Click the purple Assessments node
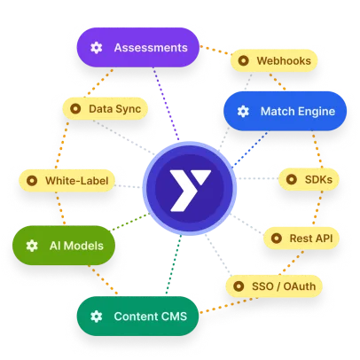pos(138,48)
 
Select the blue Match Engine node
pos(286,111)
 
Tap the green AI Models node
pos(64,246)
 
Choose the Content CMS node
pos(138,316)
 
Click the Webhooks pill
pos(274,60)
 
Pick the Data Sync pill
pos(106,109)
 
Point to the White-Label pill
pos(67,181)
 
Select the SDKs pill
pos(309,179)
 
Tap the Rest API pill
pos(301,239)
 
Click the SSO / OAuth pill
pos(274,286)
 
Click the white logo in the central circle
pos(190,191)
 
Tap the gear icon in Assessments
pos(97,48)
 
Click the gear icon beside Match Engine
pos(243,111)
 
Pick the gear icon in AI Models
pos(32,246)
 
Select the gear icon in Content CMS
pos(97,317)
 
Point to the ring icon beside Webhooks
pos(243,60)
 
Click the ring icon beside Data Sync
pos(75,109)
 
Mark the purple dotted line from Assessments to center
pos(166,104)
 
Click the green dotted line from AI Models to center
pos(129,222)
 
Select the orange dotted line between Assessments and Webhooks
pos(215,50)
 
